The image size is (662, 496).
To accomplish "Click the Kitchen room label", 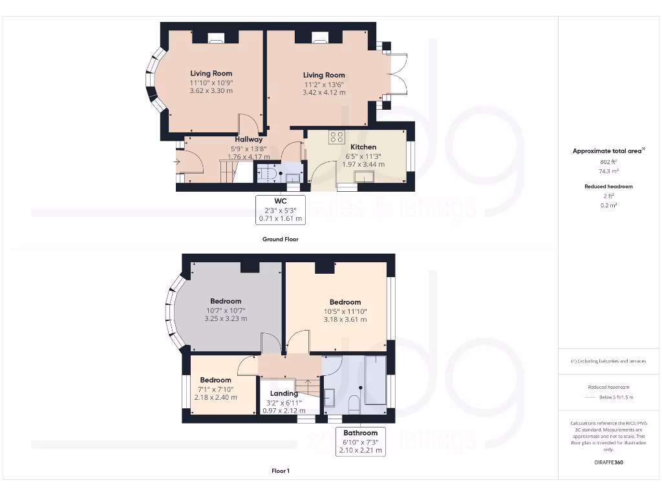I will point(363,147).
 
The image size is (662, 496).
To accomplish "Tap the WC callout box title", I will point(280,201).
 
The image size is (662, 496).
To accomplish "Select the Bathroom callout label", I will point(360,433).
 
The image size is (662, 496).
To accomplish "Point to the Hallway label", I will point(249,139).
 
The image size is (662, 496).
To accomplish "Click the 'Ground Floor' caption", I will point(280,239).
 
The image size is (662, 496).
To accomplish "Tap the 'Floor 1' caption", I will point(280,471).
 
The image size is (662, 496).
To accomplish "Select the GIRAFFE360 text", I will point(609,462).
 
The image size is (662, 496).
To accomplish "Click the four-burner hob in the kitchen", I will point(336,137).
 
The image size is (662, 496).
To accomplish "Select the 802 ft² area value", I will point(609,161).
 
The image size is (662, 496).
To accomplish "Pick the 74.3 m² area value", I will point(609,172).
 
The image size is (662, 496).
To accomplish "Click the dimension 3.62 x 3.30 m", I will point(211,91).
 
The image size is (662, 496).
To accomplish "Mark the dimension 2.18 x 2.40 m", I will point(215,397).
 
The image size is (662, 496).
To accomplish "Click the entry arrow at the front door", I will point(177,161).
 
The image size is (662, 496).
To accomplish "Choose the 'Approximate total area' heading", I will point(608,151).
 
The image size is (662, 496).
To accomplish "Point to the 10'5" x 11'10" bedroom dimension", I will point(345,311).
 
